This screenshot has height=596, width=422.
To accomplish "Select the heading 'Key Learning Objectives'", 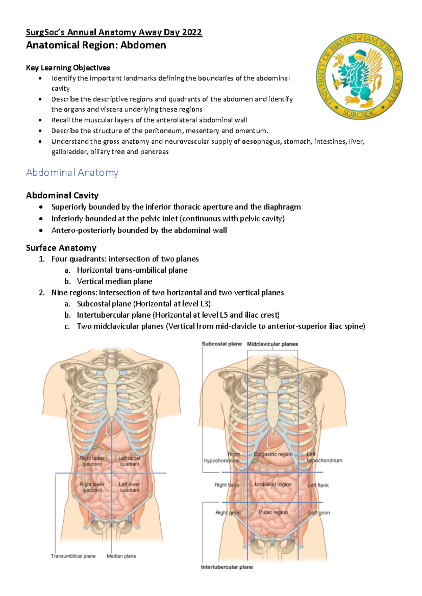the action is coord(68,68).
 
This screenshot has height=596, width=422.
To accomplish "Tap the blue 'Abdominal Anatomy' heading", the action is coord(72,173).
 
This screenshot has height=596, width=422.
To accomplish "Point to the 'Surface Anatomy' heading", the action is coord(61,248).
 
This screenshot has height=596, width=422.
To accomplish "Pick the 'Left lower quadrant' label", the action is coord(129,487).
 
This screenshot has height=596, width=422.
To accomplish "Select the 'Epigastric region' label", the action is coord(273,454).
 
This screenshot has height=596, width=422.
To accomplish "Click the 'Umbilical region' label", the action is coord(273,484).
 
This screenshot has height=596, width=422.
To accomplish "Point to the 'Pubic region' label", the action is coord(273,512).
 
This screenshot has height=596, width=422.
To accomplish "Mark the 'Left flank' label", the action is coord(318,485).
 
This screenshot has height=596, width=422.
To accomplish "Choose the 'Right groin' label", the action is coord(228,512).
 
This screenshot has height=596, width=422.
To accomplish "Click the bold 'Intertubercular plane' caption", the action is coord(227,567).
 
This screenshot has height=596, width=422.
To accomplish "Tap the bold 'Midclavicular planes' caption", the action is coord(273,344).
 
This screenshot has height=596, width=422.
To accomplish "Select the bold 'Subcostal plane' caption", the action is coord(222,344).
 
